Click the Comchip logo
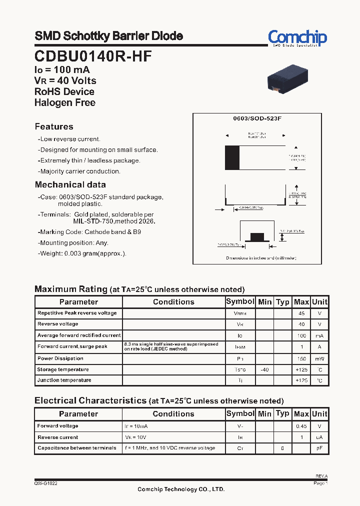click(297, 37)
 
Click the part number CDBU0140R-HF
click(93, 56)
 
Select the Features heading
click(54, 126)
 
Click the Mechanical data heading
click(70, 184)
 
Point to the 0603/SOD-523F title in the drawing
click(257, 118)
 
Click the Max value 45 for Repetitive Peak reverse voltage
click(301, 313)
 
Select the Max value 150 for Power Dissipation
click(301, 358)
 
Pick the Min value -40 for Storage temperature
click(264, 369)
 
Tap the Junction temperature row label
click(64, 380)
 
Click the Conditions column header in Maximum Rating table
click(173, 302)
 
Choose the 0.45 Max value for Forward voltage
click(301, 426)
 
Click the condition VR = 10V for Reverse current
click(136, 437)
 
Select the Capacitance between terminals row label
click(77, 448)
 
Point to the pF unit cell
click(319, 448)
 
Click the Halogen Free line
click(64, 102)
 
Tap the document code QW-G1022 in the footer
click(45, 483)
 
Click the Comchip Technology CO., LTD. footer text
click(181, 489)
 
